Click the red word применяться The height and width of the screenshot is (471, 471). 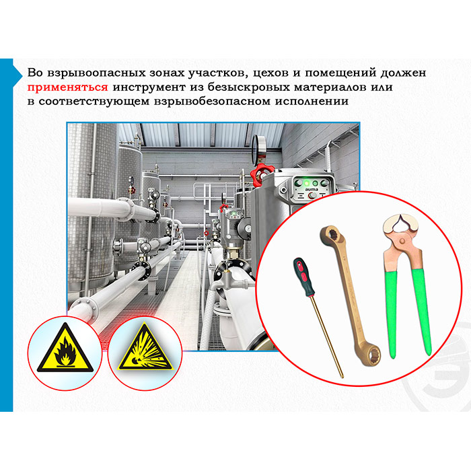[x=67, y=87]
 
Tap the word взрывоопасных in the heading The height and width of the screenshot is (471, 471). [x=99, y=73]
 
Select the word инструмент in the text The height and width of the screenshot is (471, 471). [x=149, y=87]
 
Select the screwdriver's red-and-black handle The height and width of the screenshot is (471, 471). [x=303, y=277]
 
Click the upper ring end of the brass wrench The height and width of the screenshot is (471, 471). [x=331, y=236]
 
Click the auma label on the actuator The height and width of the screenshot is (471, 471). [x=311, y=190]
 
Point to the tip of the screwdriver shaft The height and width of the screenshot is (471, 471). [x=342, y=376]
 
